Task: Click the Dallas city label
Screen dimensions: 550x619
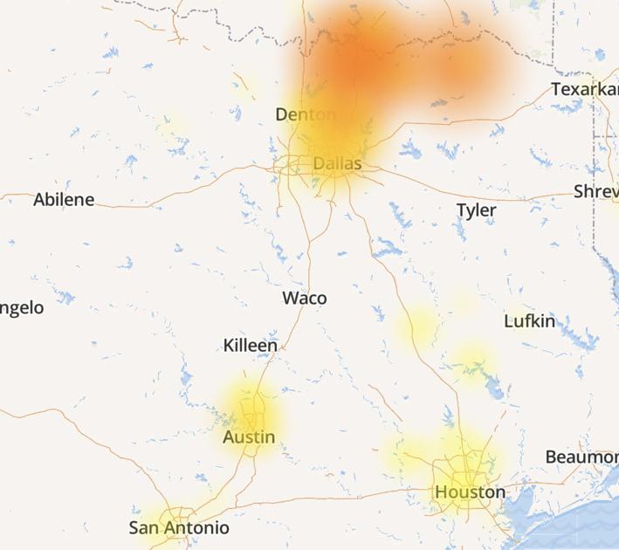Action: pyautogui.click(x=336, y=163)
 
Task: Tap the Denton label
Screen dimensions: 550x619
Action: pyautogui.click(x=305, y=114)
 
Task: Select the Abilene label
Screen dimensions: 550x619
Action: pyautogui.click(x=64, y=200)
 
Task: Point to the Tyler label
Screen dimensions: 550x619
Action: pyautogui.click(x=476, y=210)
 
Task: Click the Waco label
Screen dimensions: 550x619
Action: pyautogui.click(x=305, y=299)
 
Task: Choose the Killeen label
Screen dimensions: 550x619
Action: pyautogui.click(x=251, y=346)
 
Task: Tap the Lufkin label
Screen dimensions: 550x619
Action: pyautogui.click(x=529, y=321)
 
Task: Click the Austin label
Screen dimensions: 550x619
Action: pyautogui.click(x=249, y=437)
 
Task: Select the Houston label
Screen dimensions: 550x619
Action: pyautogui.click(x=470, y=492)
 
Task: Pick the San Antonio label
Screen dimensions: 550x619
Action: pyautogui.click(x=179, y=528)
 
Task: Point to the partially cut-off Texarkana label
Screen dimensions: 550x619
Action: pyautogui.click(x=584, y=89)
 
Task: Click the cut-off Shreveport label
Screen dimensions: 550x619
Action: pyautogui.click(x=595, y=191)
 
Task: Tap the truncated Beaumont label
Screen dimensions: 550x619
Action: pyautogui.click(x=581, y=457)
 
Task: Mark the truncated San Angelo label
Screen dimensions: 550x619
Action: pyautogui.click(x=21, y=307)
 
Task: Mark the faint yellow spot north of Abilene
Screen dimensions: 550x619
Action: pyautogui.click(x=172, y=125)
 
